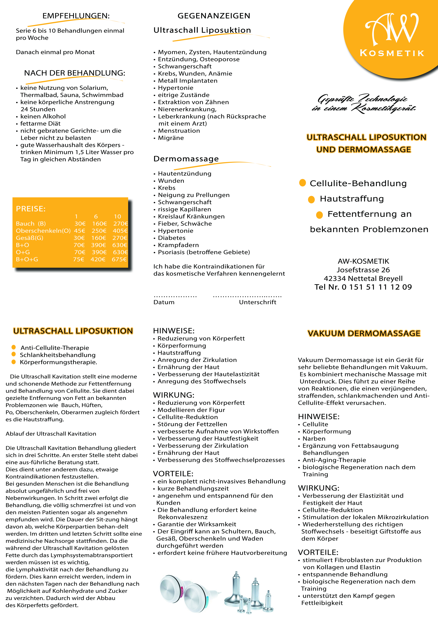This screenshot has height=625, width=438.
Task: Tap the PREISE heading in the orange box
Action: click(31, 209)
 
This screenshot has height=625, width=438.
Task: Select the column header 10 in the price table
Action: click(117, 216)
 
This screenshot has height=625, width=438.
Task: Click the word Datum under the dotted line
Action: click(164, 302)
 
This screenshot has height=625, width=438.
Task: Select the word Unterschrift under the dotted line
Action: click(257, 302)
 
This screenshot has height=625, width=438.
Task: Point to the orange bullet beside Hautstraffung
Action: click(311, 200)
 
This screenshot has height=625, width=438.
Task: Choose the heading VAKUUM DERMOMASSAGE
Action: click(364, 333)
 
